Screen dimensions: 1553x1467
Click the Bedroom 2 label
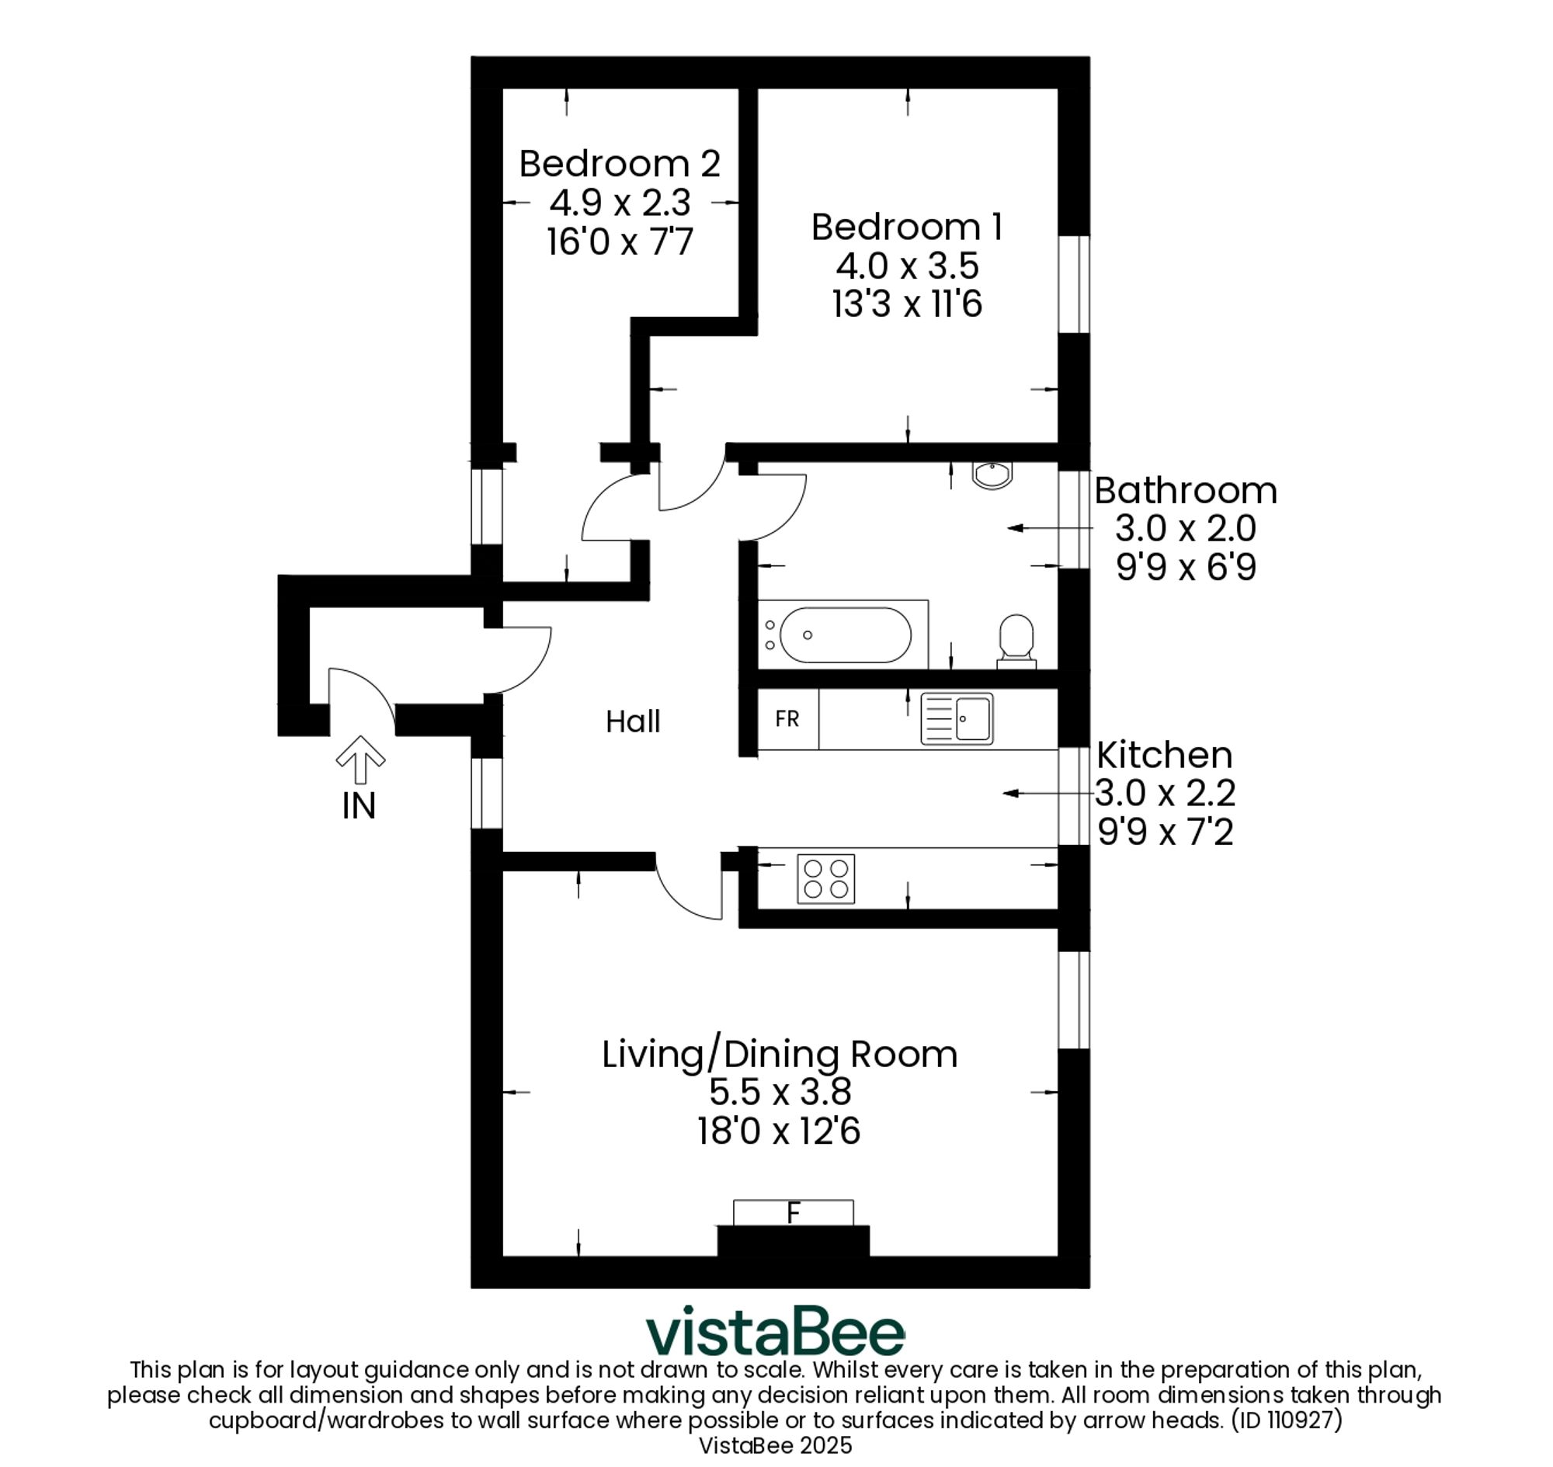point(620,164)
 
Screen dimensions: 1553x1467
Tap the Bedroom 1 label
point(907,228)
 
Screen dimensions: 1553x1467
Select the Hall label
point(633,721)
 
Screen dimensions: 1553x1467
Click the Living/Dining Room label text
point(780,1055)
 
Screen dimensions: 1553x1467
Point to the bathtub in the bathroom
point(843,635)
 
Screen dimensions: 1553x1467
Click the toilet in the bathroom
point(1016,641)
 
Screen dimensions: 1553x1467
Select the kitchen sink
point(957,718)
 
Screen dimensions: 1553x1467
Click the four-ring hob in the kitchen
point(825,879)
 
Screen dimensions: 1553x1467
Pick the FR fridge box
point(788,718)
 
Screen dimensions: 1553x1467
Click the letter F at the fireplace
point(794,1214)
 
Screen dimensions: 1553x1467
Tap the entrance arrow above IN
point(360,760)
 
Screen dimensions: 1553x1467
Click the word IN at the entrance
point(359,806)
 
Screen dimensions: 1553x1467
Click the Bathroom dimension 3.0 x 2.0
point(1186,529)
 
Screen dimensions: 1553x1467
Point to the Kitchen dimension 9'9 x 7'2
point(1166,832)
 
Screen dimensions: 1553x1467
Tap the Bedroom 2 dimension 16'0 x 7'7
point(620,242)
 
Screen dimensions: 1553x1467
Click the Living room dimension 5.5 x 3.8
point(780,1092)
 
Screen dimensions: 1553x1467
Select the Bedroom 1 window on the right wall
point(1074,285)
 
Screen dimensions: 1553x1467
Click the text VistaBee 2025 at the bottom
point(776,1445)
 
